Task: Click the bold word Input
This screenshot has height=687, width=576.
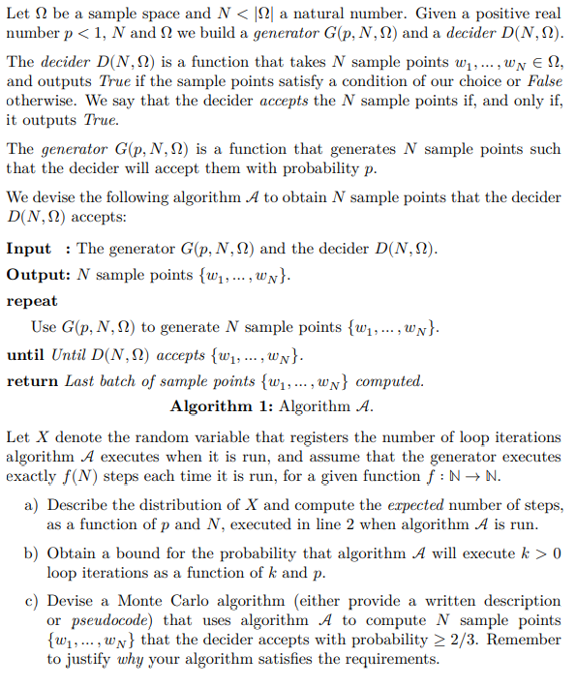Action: coord(29,249)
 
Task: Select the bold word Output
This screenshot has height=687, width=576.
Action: coord(37,275)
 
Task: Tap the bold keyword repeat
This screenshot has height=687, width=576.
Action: coord(32,301)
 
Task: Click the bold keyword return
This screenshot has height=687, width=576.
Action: coord(33,380)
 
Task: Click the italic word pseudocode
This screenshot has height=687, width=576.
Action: coord(109,620)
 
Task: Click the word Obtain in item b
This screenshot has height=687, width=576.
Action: coord(72,553)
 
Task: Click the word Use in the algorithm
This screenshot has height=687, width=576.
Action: coord(44,327)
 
